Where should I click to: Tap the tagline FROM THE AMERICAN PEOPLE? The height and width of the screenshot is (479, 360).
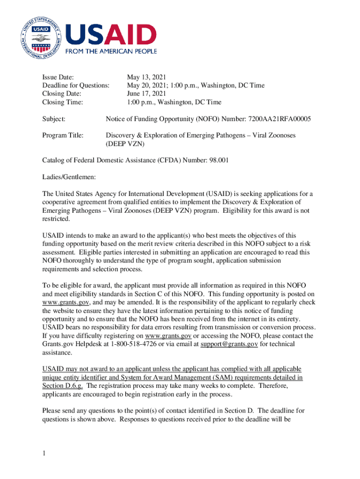[111, 51]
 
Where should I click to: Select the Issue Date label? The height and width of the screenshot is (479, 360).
[58, 77]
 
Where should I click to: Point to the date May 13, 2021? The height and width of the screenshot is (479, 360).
[146, 77]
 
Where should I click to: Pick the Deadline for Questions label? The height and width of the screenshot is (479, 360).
[76, 86]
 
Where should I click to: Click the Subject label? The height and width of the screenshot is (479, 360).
[54, 119]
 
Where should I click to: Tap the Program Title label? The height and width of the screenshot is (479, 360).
[63, 135]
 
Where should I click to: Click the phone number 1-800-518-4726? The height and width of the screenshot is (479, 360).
[134, 344]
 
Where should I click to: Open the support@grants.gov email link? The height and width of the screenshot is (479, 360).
[229, 344]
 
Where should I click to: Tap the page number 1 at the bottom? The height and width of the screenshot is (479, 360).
[44, 453]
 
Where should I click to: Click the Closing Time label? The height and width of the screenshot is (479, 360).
[63, 102]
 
